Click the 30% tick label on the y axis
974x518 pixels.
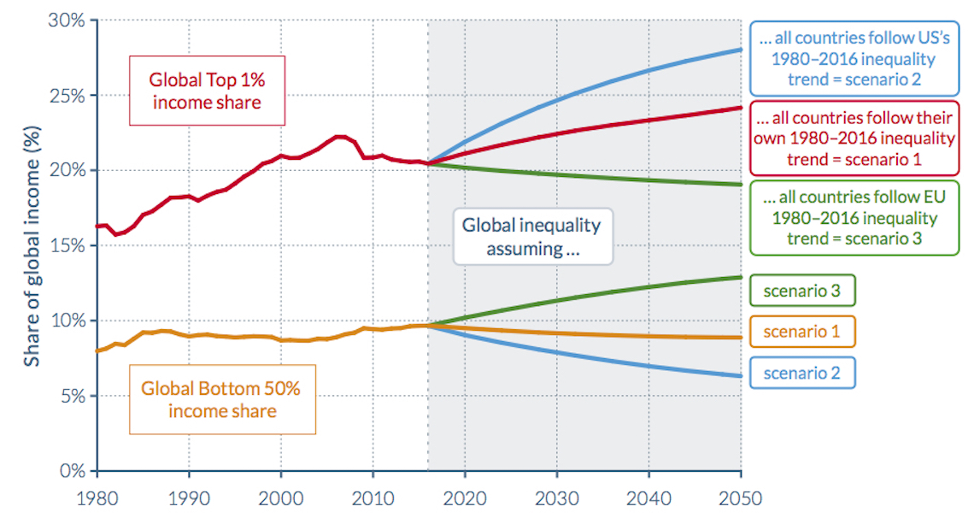tap(67, 20)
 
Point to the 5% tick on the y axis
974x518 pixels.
tap(71, 396)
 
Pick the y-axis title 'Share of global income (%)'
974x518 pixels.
tap(32, 245)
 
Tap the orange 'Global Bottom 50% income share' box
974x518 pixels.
tap(221, 399)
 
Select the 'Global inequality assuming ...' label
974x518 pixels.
tap(531, 237)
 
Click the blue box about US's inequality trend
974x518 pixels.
tap(855, 59)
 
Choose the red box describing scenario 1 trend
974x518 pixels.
tap(855, 138)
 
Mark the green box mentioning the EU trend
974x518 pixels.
tap(855, 218)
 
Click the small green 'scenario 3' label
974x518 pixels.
tap(801, 291)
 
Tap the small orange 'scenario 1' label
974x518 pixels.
tap(801, 331)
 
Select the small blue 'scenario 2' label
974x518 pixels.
tap(801, 372)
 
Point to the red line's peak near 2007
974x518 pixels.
tap(340, 136)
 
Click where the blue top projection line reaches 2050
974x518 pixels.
tap(740, 50)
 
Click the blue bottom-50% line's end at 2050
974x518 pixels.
tap(740, 376)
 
